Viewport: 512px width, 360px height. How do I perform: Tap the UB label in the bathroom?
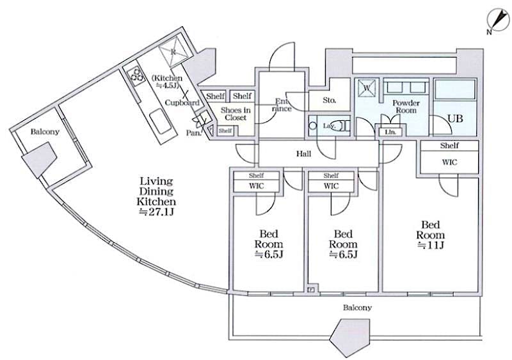coord(455,119)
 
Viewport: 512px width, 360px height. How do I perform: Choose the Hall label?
coord(304,153)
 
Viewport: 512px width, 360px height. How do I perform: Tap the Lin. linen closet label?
coord(390,132)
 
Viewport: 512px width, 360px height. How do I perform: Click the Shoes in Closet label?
coord(235,114)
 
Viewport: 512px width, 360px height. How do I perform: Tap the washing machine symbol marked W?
coord(367,87)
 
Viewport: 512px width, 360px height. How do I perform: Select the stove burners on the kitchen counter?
coord(136,75)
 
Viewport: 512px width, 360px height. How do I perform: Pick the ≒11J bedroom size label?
coord(430,245)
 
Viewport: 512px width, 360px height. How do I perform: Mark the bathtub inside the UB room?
coord(456,90)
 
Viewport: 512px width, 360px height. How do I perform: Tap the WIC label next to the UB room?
coord(449,162)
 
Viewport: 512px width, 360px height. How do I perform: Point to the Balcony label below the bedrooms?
coord(356,308)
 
